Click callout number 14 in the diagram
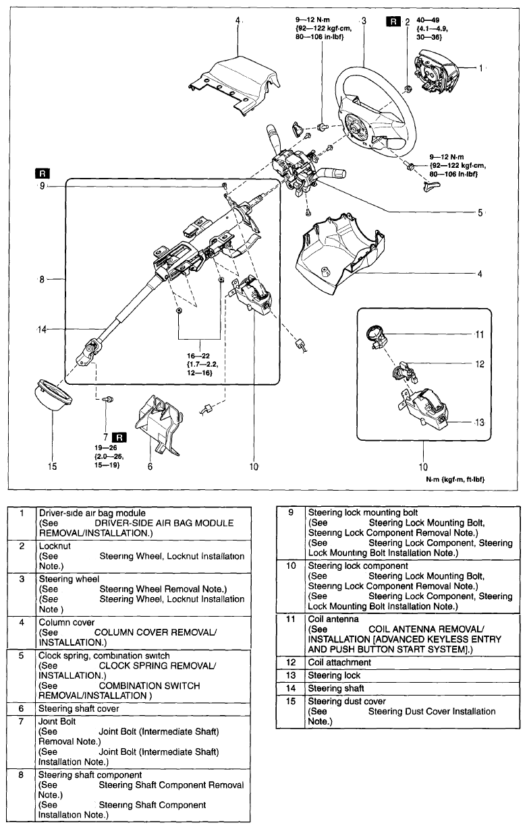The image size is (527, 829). (x=41, y=329)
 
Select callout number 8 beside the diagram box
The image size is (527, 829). (x=41, y=278)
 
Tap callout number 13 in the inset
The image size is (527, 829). (x=479, y=423)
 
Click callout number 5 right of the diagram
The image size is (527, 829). (x=480, y=212)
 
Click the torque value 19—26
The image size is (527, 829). (x=108, y=447)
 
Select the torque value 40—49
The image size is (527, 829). (x=430, y=20)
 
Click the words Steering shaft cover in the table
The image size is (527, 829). (x=79, y=708)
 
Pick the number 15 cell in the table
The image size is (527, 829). (x=292, y=702)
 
